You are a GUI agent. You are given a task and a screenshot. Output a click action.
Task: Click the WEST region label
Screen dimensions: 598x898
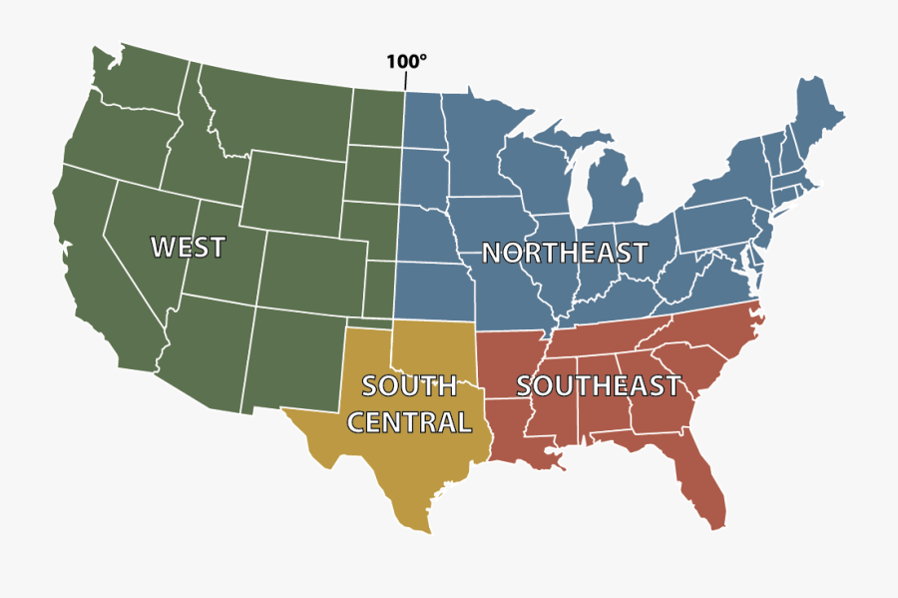click(x=188, y=247)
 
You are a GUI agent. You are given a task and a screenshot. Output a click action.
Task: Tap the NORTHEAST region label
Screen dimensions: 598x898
click(x=565, y=254)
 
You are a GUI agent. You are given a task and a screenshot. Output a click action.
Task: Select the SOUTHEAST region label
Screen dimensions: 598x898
click(x=599, y=386)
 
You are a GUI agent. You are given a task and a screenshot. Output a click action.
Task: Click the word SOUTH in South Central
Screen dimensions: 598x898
click(x=409, y=385)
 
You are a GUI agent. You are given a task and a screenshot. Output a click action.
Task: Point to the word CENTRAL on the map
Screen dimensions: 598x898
click(x=409, y=422)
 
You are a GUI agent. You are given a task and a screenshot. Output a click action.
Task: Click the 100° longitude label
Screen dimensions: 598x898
click(x=406, y=61)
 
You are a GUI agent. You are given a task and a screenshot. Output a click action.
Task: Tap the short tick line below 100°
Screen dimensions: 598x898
click(x=405, y=81)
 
